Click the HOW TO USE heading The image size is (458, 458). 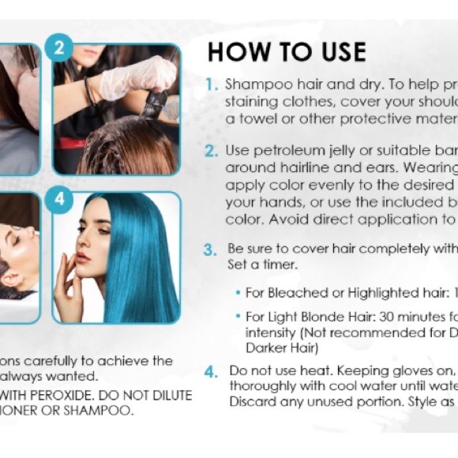287,52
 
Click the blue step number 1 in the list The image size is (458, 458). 212,84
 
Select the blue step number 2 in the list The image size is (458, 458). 212,149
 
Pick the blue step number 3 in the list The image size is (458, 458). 211,250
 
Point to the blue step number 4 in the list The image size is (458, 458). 211,371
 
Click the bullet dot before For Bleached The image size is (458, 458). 238,293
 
